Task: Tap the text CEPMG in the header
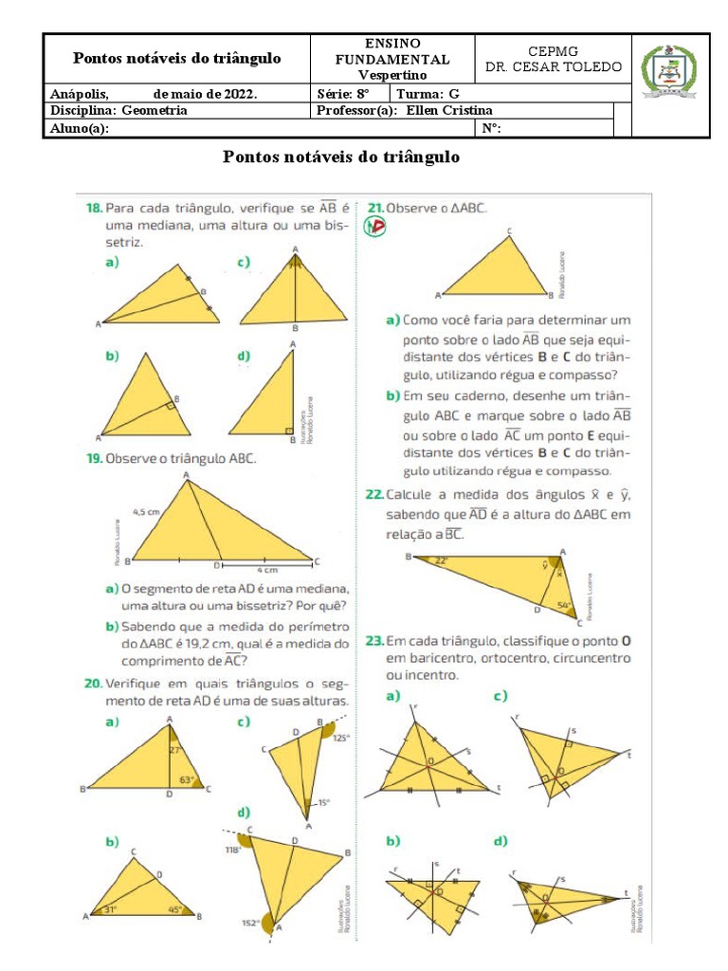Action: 553,50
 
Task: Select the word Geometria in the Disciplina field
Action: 155,110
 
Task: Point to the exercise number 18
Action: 93,207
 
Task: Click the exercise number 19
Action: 93,458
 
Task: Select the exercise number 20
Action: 93,684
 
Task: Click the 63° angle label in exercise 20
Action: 189,780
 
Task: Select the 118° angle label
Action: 232,850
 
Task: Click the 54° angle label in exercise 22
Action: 564,605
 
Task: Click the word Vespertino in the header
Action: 392,74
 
